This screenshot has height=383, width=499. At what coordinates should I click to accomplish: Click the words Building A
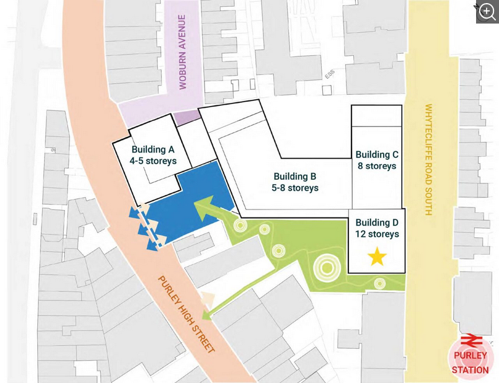pyautogui.click(x=152, y=149)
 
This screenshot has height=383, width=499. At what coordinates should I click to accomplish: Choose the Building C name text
pyautogui.click(x=377, y=154)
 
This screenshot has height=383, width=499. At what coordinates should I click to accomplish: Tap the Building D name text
pyautogui.click(x=377, y=222)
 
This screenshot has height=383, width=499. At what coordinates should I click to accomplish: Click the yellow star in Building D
pyautogui.click(x=377, y=257)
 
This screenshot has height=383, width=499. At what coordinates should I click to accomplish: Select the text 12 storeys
pyautogui.click(x=377, y=234)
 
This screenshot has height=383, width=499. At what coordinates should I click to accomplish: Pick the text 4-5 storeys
pyautogui.click(x=152, y=161)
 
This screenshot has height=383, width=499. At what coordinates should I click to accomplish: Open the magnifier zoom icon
pyautogui.click(x=487, y=11)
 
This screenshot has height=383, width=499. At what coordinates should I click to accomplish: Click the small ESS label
pyautogui.click(x=329, y=76)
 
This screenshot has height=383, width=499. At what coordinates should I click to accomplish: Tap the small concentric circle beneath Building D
pyautogui.click(x=379, y=283)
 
